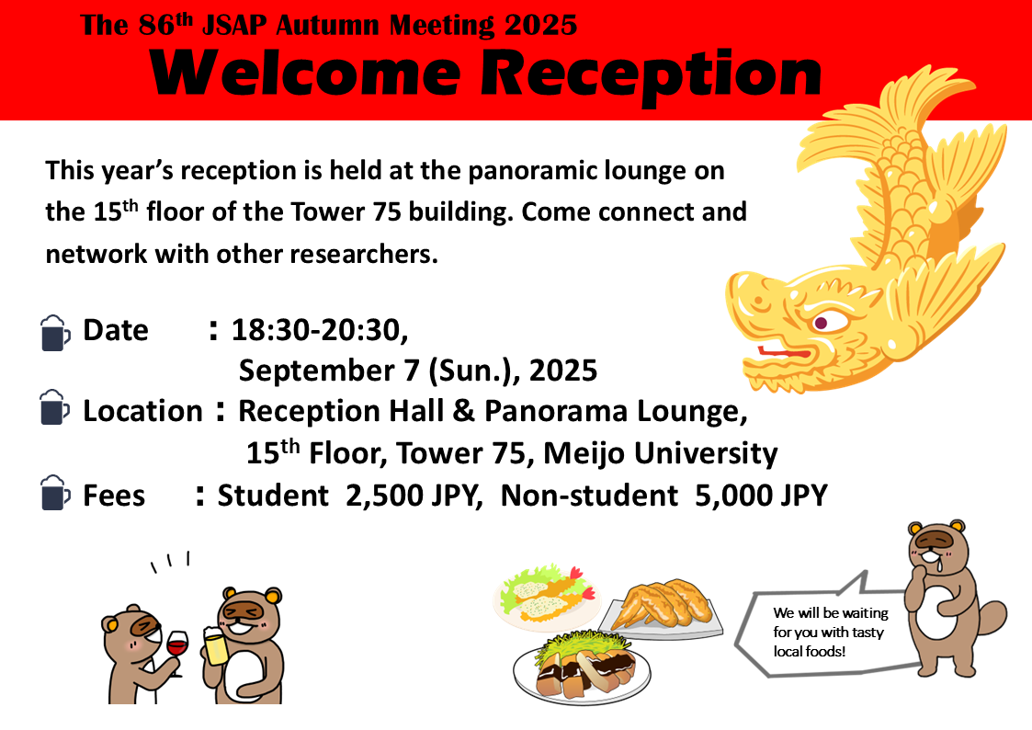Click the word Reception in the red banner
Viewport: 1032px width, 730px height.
(x=652, y=76)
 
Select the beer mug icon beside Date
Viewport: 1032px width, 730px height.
(x=54, y=333)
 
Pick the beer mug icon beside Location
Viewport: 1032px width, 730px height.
(x=54, y=406)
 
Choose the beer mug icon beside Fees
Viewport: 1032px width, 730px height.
(x=54, y=493)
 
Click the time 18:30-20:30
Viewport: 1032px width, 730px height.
(x=320, y=330)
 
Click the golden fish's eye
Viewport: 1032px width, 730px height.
(x=822, y=323)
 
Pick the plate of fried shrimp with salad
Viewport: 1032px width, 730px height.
(x=547, y=595)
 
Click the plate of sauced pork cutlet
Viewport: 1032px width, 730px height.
(x=582, y=667)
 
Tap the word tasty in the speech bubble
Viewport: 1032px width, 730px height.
(x=868, y=632)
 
